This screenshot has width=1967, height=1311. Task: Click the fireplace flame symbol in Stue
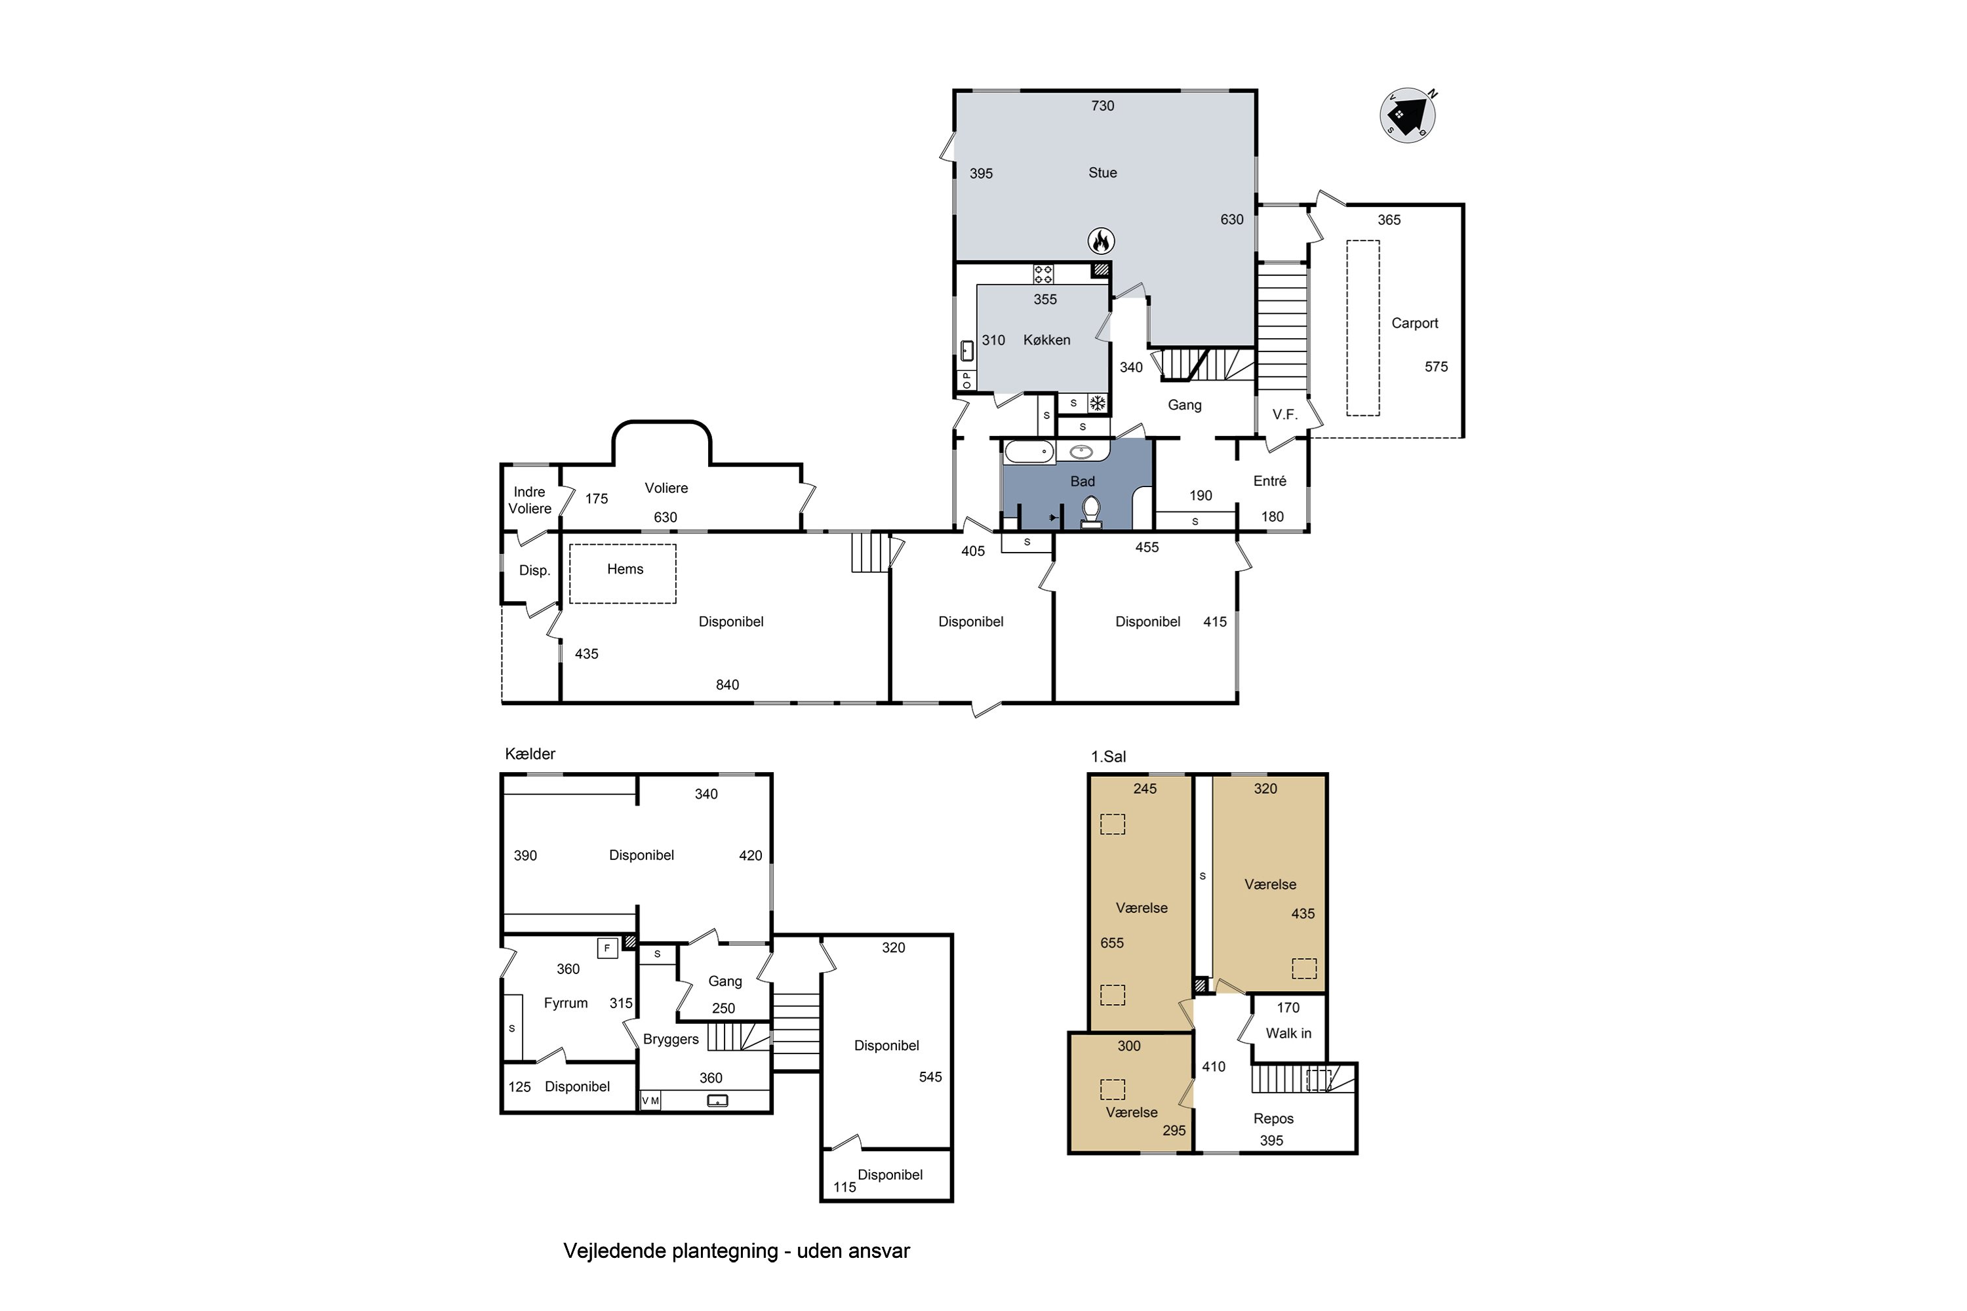click(1102, 241)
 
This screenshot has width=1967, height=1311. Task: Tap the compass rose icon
click(1408, 115)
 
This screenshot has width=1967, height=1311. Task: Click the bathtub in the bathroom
click(1029, 452)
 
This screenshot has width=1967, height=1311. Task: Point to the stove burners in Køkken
click(1043, 273)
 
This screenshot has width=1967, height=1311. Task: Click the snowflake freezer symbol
click(1097, 404)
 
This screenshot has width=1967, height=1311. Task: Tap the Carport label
click(1414, 323)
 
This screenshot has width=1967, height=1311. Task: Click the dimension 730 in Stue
click(1102, 106)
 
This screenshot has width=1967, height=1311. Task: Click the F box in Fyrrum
click(607, 948)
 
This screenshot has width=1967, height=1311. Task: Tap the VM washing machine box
click(650, 1101)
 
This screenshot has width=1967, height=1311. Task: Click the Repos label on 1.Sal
click(1273, 1119)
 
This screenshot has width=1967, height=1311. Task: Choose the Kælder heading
click(530, 753)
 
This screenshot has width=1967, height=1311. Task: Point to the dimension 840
click(726, 685)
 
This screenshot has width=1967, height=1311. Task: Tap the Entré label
click(1269, 480)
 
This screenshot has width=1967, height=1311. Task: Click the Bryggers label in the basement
click(671, 1039)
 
